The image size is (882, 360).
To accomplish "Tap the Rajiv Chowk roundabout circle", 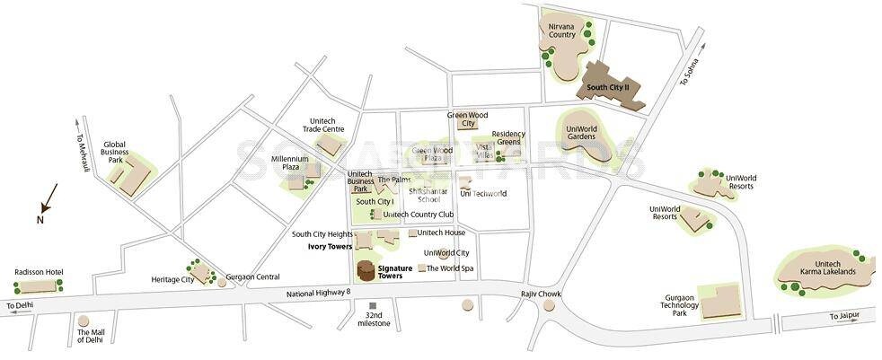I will point(549,306).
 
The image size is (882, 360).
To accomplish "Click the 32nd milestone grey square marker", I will point(373,306).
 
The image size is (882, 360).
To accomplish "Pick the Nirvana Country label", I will point(562,30).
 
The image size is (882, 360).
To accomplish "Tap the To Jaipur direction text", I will point(845,316).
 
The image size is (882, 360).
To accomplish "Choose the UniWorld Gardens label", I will point(587,133).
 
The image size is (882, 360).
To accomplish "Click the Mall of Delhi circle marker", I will point(84,320).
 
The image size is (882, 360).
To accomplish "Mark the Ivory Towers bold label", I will point(330,245).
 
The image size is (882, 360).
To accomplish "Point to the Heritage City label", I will point(172,280).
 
